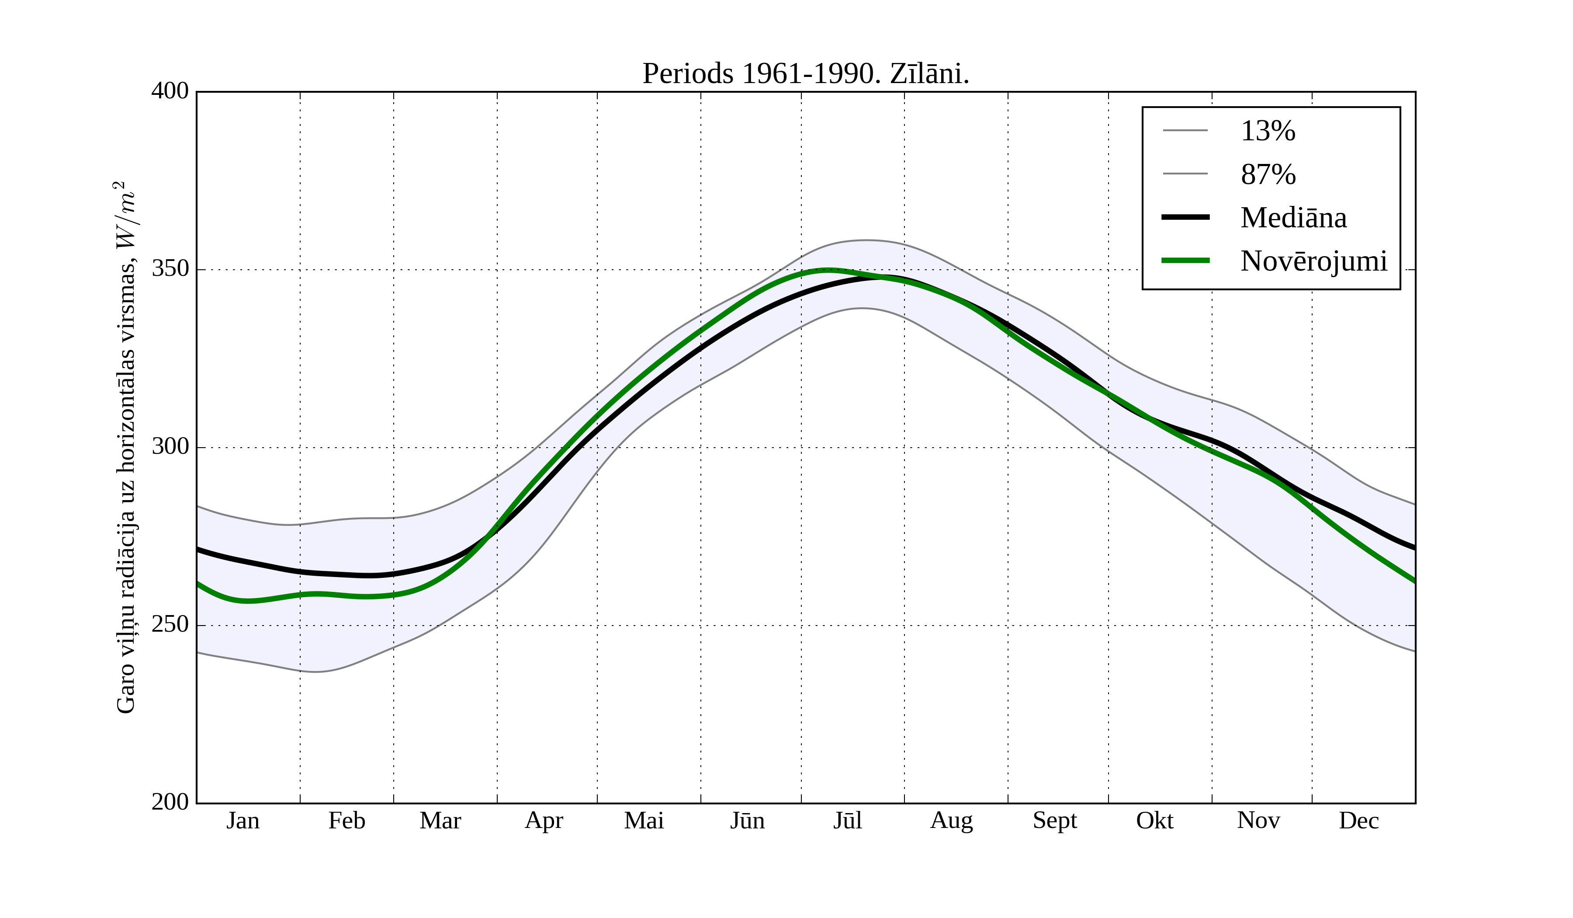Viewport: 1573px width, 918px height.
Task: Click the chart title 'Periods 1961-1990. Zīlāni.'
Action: (x=805, y=74)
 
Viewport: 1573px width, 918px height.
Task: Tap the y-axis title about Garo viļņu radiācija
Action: (x=127, y=447)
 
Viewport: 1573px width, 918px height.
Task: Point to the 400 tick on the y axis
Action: (x=170, y=91)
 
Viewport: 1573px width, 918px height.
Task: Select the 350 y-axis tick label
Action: (x=170, y=269)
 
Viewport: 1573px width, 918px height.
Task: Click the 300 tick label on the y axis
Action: (x=170, y=447)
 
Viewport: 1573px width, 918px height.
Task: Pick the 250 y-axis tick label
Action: (x=170, y=625)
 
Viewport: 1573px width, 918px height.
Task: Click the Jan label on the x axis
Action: (x=243, y=821)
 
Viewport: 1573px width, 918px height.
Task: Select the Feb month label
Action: (x=346, y=821)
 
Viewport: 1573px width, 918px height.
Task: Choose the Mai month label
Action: (x=644, y=821)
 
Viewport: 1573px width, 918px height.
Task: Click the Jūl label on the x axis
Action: (x=848, y=821)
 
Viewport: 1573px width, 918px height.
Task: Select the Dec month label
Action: (x=1358, y=821)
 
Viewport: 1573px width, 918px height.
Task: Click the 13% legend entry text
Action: (x=1268, y=131)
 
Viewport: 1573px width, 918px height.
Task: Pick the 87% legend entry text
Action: (x=1268, y=174)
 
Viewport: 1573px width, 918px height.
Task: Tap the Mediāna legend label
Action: (x=1293, y=218)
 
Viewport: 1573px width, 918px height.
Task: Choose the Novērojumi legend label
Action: (x=1313, y=261)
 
